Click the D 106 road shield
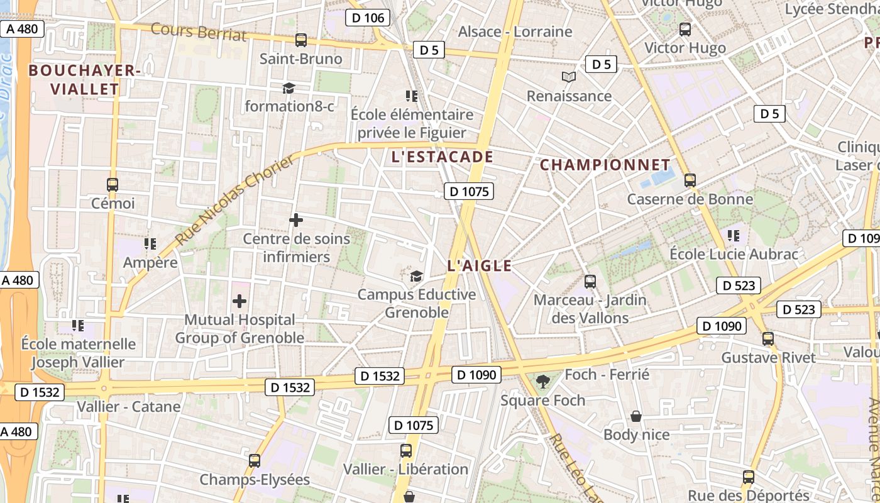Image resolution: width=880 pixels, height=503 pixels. click(368, 18)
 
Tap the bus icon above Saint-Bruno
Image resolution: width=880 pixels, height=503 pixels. click(301, 40)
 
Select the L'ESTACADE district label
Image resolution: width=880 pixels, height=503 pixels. click(442, 157)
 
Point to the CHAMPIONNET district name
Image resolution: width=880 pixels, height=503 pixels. click(605, 165)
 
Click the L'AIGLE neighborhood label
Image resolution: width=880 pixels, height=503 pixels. click(479, 266)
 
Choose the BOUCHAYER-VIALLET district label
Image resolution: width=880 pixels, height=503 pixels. click(84, 80)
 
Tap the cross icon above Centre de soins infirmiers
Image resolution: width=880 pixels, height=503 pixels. click(295, 220)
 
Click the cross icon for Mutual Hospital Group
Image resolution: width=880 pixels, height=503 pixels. click(239, 301)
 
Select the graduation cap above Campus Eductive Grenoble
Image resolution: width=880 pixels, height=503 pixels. click(416, 276)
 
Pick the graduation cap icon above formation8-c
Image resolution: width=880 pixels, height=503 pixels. click(289, 88)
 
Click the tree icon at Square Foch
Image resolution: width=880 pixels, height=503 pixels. click(542, 381)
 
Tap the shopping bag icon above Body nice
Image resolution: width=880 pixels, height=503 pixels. click(636, 416)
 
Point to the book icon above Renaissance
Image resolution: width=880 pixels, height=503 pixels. click(569, 77)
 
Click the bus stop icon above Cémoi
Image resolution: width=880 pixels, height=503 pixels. click(113, 185)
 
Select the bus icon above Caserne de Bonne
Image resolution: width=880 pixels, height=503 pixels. click(690, 180)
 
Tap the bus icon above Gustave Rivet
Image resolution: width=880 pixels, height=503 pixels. click(767, 339)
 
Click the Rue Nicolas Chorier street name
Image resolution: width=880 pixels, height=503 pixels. click(234, 201)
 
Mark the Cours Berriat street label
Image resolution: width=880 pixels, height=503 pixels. click(199, 31)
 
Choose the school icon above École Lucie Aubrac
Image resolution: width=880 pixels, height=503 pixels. click(733, 236)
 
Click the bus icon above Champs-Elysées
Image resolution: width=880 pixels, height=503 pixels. click(254, 461)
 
